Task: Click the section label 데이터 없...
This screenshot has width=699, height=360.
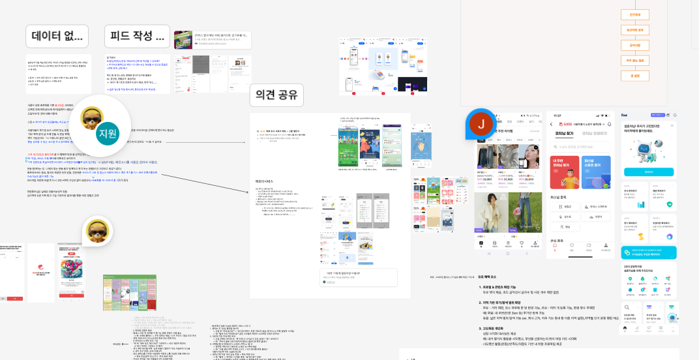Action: coord(57,37)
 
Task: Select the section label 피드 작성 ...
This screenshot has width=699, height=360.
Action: coord(137,37)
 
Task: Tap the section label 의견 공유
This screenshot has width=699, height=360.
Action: coord(277,97)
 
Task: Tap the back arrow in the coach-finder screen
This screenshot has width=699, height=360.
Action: coord(551,124)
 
